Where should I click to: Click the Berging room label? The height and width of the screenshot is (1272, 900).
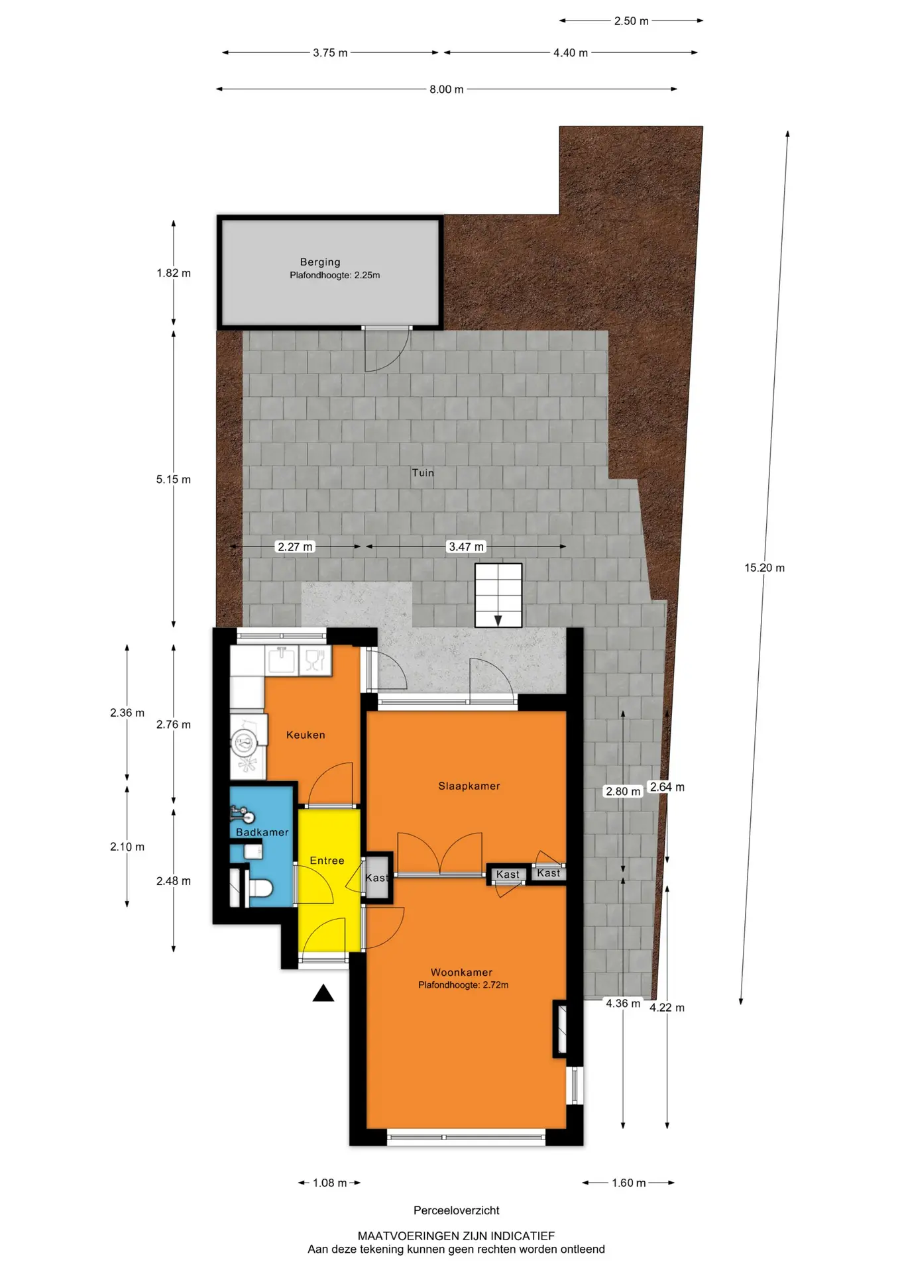[320, 262]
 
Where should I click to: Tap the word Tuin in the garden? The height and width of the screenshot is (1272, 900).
[423, 472]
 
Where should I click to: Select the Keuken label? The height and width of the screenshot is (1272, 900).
[306, 735]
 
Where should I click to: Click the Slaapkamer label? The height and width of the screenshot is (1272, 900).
[469, 786]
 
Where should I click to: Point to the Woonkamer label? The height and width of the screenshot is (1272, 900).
[462, 973]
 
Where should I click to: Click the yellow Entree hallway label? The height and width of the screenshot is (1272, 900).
[327, 861]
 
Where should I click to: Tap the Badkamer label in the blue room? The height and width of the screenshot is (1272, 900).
[262, 832]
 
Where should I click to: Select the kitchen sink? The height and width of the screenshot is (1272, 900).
[282, 659]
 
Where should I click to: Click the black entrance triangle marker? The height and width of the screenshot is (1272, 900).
[323, 993]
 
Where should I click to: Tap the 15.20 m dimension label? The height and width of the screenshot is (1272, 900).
[764, 568]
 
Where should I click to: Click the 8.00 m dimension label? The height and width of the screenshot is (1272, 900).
[447, 89]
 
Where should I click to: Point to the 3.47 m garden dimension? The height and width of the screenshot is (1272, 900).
[467, 547]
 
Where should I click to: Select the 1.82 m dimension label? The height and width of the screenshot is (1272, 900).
[174, 273]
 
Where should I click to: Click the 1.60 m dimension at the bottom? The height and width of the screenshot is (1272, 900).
[628, 1183]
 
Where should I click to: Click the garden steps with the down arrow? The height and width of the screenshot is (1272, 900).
[498, 595]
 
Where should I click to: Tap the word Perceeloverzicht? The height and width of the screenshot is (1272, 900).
[457, 1210]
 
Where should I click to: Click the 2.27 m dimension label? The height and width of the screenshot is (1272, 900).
[295, 547]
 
